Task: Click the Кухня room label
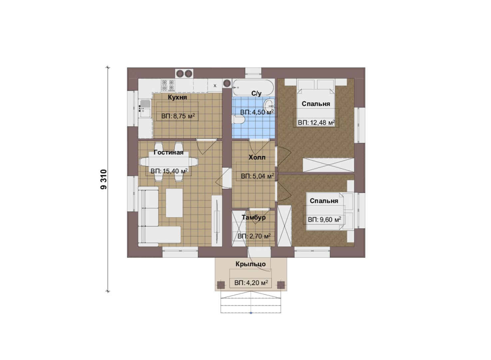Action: pyautogui.click(x=177, y=97)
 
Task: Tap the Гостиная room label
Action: pyautogui.click(x=168, y=152)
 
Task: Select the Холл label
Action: pyautogui.click(x=257, y=157)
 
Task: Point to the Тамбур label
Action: pyautogui.click(x=253, y=217)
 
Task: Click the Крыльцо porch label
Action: pyautogui.click(x=250, y=264)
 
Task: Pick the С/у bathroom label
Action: pyautogui.click(x=256, y=93)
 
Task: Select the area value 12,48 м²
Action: pyautogui.click(x=322, y=122)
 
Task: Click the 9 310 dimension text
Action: pyautogui.click(x=104, y=179)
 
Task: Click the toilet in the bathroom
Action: pyautogui.click(x=238, y=120)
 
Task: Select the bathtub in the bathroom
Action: pyautogui.click(x=253, y=87)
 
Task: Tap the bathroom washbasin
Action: pyautogui.click(x=269, y=106)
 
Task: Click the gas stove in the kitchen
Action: pyautogui.click(x=168, y=85)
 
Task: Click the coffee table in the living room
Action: pyautogui.click(x=174, y=203)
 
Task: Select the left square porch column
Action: pyautogui.click(x=221, y=285)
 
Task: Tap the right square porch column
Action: pyautogui.click(x=281, y=285)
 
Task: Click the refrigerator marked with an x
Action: pyautogui.click(x=215, y=86)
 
